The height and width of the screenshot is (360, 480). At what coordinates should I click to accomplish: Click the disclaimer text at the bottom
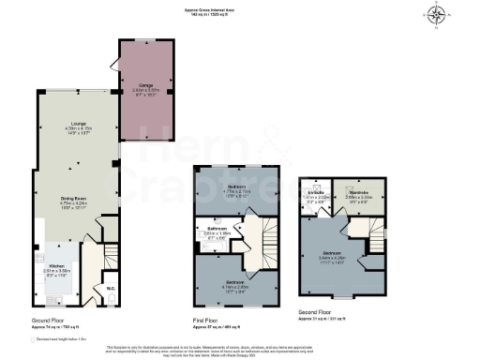coord(240,349)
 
